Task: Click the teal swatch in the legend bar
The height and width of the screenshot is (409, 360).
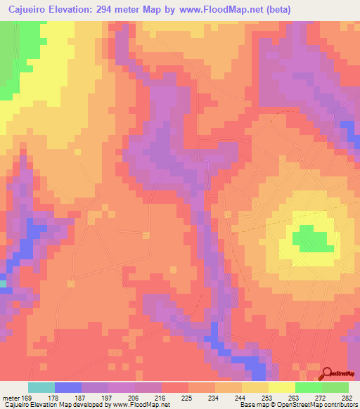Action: click(x=41, y=387)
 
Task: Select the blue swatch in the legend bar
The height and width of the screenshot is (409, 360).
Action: click(x=68, y=387)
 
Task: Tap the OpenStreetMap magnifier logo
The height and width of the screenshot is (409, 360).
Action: click(x=328, y=373)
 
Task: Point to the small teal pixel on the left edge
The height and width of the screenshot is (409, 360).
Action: click(x=3, y=284)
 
